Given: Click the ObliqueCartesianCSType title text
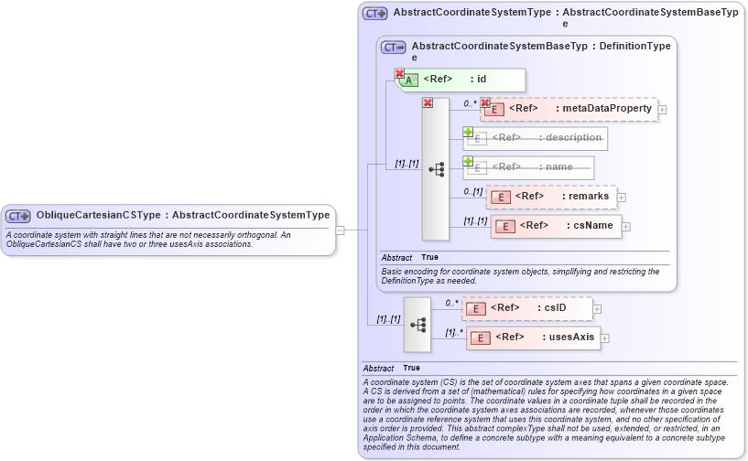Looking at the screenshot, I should tap(182, 216).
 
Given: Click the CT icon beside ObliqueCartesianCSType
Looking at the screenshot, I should tap(18, 216).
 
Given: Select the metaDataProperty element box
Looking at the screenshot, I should tap(568, 109).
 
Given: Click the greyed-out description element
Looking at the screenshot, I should tap(536, 138).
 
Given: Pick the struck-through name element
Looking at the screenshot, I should tap(529, 167).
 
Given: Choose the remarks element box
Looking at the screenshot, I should tap(550, 197).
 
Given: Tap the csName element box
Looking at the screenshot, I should tap(556, 226).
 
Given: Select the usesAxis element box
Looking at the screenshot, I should tap(533, 338).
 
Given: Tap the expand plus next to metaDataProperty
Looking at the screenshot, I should tap(662, 110).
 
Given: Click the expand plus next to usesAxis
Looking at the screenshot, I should tap(604, 338).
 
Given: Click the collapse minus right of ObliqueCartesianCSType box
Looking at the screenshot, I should tap(340, 230).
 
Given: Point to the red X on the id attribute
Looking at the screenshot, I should tap(399, 73).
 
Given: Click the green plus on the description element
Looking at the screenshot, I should tap(468, 132).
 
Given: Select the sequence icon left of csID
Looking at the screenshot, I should tap(417, 324).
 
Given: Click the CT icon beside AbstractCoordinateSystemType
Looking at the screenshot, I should tap(375, 14).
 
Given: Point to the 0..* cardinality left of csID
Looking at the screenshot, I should tap(451, 303).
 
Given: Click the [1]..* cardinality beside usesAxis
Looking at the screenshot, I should tap(453, 332).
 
